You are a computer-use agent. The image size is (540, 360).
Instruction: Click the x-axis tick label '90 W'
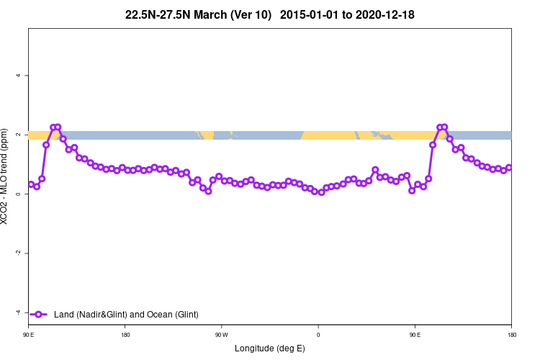click(x=222, y=335)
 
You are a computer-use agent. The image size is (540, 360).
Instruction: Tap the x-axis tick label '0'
click(x=318, y=335)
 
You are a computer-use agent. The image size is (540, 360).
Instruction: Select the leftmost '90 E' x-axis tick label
click(x=29, y=335)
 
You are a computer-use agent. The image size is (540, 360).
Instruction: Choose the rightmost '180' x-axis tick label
click(x=511, y=335)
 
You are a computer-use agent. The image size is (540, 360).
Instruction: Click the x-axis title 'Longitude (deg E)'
click(x=270, y=348)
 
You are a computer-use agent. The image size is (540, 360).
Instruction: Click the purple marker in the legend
click(x=40, y=314)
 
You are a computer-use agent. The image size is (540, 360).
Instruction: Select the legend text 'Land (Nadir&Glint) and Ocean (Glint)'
click(x=126, y=314)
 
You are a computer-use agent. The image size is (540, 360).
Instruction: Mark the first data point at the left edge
click(x=31, y=184)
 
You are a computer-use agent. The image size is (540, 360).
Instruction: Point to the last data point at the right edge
click(x=509, y=168)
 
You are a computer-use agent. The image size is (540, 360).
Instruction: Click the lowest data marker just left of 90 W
click(x=208, y=191)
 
